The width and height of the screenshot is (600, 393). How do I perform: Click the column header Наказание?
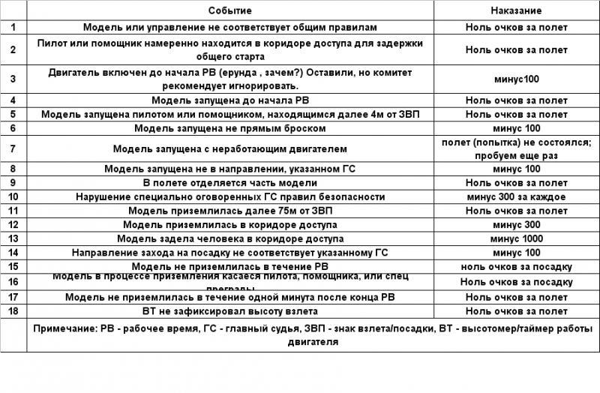pyautogui.click(x=516, y=11)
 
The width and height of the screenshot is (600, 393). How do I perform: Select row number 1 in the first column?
pyautogui.click(x=13, y=27)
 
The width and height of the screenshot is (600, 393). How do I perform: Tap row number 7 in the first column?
pyautogui.click(x=13, y=148)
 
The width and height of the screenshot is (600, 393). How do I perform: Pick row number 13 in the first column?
pyautogui.click(x=13, y=238)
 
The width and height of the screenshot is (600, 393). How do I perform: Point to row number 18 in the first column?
pyautogui.click(x=13, y=310)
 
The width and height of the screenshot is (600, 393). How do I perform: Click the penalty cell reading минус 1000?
pyautogui.click(x=517, y=238)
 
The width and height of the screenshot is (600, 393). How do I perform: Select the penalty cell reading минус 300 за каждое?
pyautogui.click(x=517, y=196)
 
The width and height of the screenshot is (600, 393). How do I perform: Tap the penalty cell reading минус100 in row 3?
pyautogui.click(x=517, y=79)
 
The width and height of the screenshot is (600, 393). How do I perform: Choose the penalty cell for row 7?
pyautogui.click(x=517, y=148)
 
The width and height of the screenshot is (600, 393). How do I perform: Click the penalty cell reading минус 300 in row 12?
pyautogui.click(x=517, y=224)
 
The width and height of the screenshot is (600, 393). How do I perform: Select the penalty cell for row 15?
pyautogui.click(x=517, y=266)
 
